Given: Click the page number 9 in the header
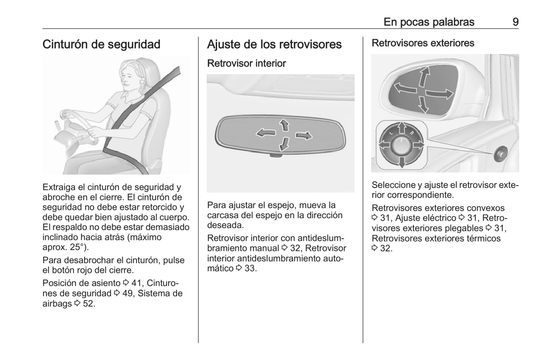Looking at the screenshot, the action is [516, 22].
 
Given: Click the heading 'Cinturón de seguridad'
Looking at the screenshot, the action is [101, 44].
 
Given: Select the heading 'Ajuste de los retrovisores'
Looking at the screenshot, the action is [274, 44].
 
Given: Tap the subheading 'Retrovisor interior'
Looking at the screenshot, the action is [247, 63].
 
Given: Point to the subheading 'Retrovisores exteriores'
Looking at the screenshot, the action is [423, 43].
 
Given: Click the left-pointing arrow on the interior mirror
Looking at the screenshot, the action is [266, 132].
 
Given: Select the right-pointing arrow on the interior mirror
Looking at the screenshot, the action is [304, 135].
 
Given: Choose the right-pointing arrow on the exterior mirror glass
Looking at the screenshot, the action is [439, 94].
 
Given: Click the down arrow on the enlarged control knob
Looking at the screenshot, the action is [402, 162].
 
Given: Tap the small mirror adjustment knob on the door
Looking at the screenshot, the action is [501, 154].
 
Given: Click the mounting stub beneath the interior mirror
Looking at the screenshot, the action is [276, 156].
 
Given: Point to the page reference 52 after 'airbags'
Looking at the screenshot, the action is [89, 303].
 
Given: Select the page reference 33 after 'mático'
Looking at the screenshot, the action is [251, 268].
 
